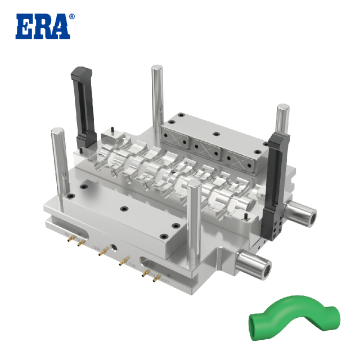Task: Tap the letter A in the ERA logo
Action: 60,27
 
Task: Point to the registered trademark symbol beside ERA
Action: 71,17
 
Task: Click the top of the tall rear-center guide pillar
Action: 157,69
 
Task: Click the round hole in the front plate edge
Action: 115,247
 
